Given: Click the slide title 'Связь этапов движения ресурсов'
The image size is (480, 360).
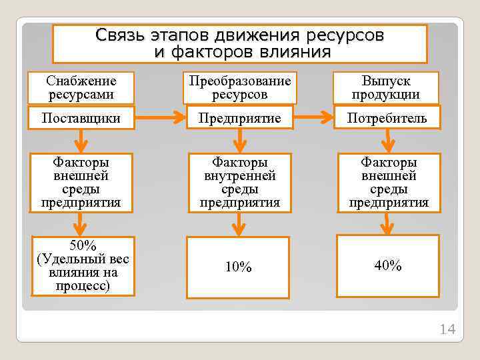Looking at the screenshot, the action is [x=240, y=35].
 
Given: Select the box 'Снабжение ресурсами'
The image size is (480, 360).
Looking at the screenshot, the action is [x=81, y=88].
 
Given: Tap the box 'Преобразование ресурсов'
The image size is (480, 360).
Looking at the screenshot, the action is [x=240, y=88].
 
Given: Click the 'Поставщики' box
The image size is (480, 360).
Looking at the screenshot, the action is [x=81, y=119].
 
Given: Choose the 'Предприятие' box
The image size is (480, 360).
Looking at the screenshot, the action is [x=240, y=119].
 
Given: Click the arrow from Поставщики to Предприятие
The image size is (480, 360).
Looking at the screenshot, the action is [x=160, y=119].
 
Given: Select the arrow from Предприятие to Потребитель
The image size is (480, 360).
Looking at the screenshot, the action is [x=315, y=119].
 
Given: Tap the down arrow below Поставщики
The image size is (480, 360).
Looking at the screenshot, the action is [x=81, y=140].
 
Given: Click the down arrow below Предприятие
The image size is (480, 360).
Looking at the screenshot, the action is [x=239, y=140].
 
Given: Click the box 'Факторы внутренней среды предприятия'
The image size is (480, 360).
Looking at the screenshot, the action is [x=240, y=182].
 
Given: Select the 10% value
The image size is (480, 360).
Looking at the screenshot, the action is [x=238, y=267].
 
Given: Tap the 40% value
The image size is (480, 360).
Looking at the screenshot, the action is [x=388, y=266].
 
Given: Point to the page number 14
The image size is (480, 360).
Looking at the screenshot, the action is [x=447, y=329].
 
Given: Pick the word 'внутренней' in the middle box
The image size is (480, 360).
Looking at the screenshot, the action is [x=240, y=176].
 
